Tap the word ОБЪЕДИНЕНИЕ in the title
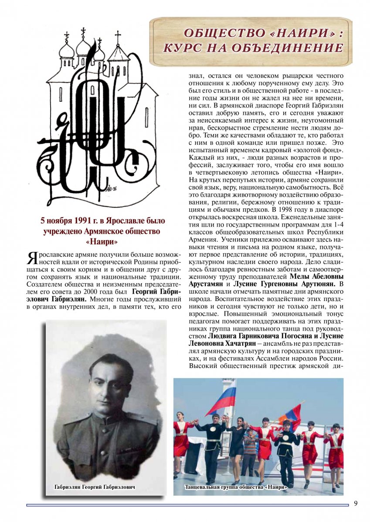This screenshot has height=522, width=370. tap(296, 48)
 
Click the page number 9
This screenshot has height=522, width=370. tap(356, 503)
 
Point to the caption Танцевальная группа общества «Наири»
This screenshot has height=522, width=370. tap(236, 487)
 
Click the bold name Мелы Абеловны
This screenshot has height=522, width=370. tap(316, 276)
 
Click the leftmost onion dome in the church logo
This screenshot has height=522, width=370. tap(67, 48)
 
